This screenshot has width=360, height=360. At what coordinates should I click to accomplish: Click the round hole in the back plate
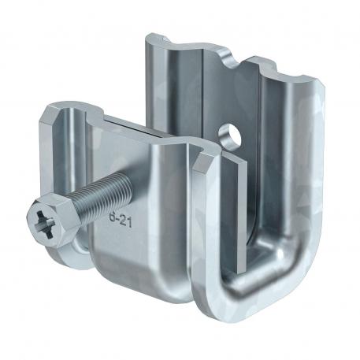[230, 131]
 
